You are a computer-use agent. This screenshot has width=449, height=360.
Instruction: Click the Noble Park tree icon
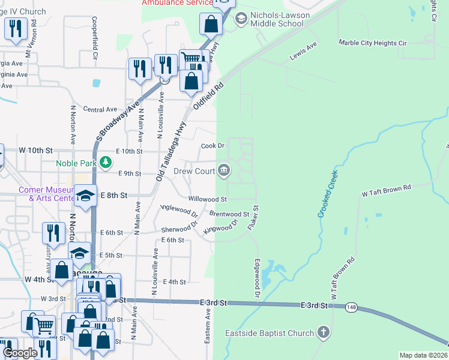coord(106,162)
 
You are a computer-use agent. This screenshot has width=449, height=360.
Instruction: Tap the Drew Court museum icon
coord(224,171)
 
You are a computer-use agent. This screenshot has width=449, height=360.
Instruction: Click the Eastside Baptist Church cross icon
coord(324,332)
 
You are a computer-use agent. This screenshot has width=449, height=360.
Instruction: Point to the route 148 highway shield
coord(352,307)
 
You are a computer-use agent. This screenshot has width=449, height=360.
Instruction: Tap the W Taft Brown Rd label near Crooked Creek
coord(386,191)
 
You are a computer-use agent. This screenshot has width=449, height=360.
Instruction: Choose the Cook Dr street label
coord(212,146)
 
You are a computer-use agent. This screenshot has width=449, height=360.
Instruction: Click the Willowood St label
coord(207,199)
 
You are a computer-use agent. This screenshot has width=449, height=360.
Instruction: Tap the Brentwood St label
coord(229,214)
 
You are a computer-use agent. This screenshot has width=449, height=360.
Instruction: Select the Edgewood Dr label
coord(256,278)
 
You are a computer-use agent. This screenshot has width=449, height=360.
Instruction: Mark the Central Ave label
coord(100,110)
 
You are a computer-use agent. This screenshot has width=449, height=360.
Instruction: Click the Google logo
coord(19,352)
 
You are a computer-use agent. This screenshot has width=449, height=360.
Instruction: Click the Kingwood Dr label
coord(221,226)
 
